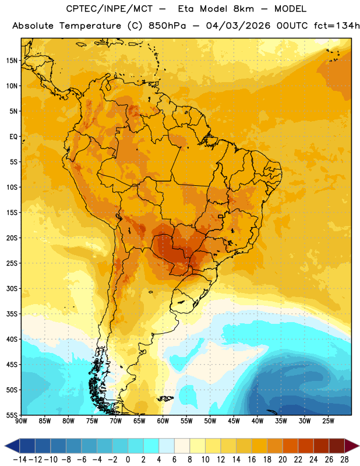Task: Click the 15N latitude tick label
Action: [12, 61]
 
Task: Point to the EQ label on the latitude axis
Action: [13, 137]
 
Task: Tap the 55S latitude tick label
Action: [12, 415]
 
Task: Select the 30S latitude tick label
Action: [12, 288]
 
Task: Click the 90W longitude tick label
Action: [21, 421]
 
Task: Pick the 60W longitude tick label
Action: [163, 421]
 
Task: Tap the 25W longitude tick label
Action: [328, 421]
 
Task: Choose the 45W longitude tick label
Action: [234, 421]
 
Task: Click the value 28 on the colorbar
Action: [344, 460]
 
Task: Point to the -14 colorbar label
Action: [20, 460]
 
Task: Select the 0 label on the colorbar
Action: [128, 460]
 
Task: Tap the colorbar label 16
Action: [252, 460]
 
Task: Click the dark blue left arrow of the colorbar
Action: [12, 446]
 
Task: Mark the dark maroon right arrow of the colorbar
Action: [352, 446]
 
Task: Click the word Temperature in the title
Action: [90, 26]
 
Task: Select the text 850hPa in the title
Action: [167, 26]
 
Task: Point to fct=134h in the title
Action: [337, 26]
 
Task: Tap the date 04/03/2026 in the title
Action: [238, 26]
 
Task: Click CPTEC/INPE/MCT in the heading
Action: [110, 9]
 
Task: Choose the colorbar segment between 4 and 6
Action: [167, 446]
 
